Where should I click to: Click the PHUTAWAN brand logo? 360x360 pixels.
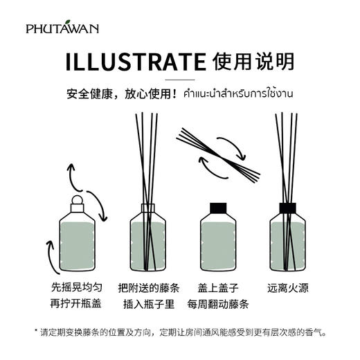pyautogui.click(x=62, y=28)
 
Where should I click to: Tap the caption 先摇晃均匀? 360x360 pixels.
pyautogui.click(x=75, y=288)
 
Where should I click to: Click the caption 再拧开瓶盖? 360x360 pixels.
pyautogui.click(x=75, y=304)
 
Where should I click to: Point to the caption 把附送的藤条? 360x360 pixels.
pyautogui.click(x=147, y=288)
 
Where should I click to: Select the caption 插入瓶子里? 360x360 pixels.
pyautogui.click(x=147, y=304)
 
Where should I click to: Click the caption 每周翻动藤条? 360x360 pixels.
pyautogui.click(x=217, y=304)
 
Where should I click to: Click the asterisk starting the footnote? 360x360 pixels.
pyautogui.click(x=36, y=332)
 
